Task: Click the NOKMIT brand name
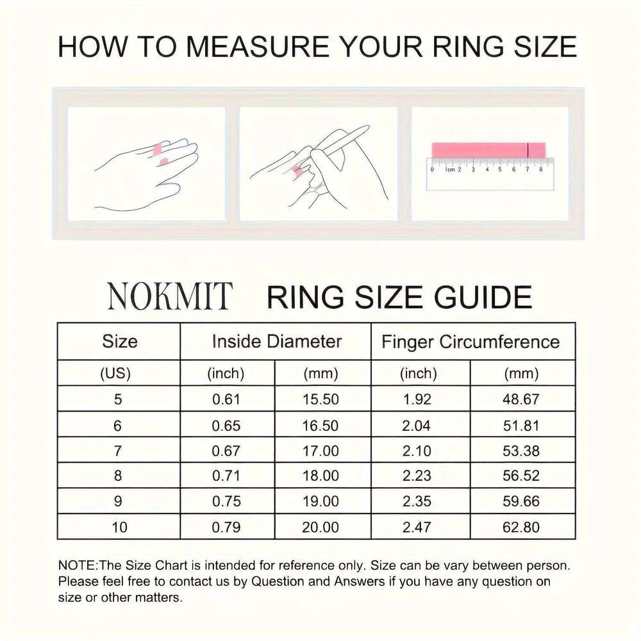coord(169,296)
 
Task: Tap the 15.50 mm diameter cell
coord(320,399)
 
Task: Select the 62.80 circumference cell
coord(521,528)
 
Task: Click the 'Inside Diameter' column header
coord(276,342)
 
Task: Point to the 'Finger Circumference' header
coord(470,342)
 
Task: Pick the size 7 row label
coord(118,451)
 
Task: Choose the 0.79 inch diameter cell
coord(226,528)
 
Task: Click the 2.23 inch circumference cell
coord(417,476)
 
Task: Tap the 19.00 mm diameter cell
coord(320,502)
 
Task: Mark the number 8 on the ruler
coord(541,169)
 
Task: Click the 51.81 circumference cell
coord(521,425)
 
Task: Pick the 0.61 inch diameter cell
coord(226,399)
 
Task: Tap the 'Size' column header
coord(120,342)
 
